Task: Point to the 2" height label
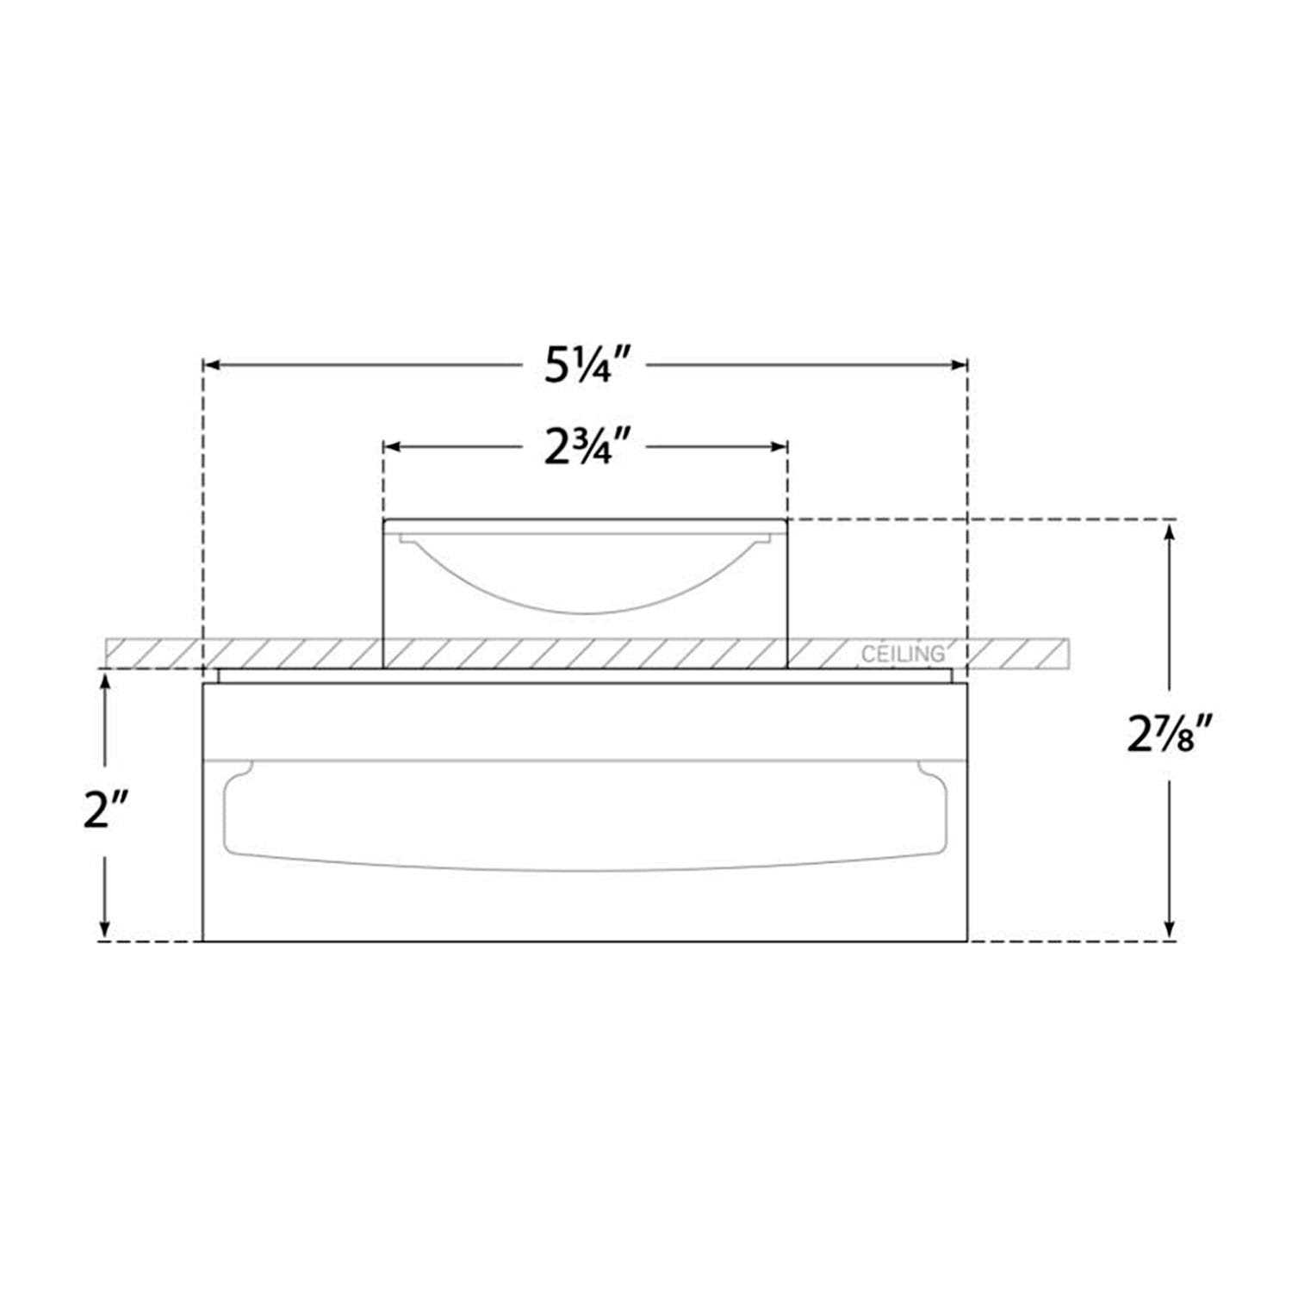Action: (x=105, y=811)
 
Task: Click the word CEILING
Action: (x=903, y=655)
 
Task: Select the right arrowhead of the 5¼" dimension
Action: (x=959, y=365)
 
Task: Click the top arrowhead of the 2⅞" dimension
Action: (x=1169, y=530)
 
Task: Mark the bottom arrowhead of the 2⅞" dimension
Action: (x=1169, y=931)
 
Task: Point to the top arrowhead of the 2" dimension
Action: (x=105, y=680)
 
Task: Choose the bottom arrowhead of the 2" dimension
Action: (x=105, y=931)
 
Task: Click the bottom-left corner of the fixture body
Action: (x=202, y=941)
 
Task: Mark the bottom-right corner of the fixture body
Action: (x=968, y=941)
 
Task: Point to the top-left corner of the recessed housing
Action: (x=383, y=519)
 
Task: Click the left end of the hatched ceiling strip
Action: (x=107, y=653)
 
